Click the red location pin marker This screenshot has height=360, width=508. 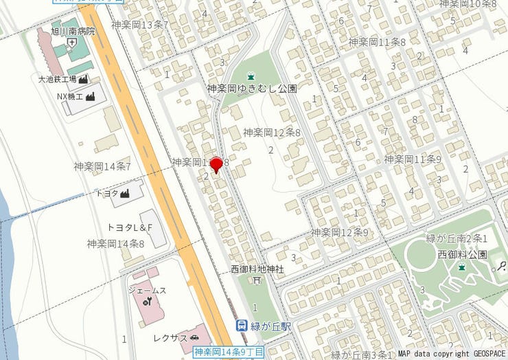216,165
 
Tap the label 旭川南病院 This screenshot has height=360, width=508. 73,32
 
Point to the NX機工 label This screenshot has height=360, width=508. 69,97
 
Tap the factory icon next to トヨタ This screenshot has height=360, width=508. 124,194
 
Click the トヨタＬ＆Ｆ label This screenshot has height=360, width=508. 130,227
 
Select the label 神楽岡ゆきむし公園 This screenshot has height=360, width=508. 252,89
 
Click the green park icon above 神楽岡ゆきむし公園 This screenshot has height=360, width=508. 252,76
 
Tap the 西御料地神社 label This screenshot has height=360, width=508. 257,269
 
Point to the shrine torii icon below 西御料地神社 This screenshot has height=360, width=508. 256,280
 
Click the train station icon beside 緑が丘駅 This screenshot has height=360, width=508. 241,326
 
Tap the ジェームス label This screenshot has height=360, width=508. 147,291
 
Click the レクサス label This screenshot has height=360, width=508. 170,338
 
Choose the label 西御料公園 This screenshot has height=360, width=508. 461,254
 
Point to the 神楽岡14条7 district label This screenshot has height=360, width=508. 102,166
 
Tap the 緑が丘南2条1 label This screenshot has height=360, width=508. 457,238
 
